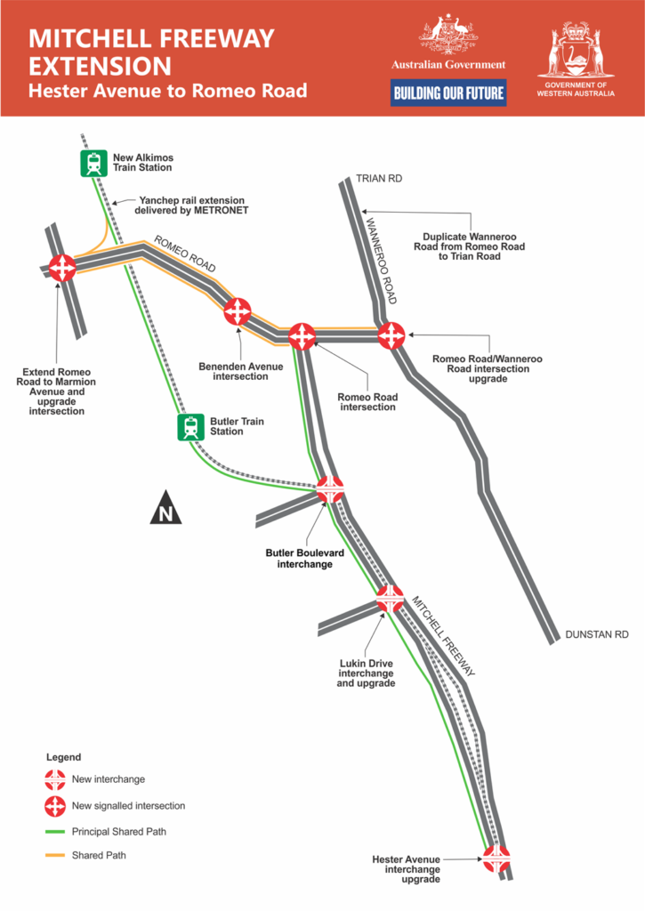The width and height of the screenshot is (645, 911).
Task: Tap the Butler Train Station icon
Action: coord(190,427)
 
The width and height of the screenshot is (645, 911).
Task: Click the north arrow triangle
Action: coord(165,508)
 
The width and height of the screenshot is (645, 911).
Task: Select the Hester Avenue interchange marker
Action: coord(496,859)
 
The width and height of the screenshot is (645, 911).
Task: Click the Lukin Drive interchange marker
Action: coord(390,599)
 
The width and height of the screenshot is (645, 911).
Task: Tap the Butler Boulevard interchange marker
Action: coord(330,488)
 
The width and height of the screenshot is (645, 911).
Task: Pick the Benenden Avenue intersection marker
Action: coord(238,311)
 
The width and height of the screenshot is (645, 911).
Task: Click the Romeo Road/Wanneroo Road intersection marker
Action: coord(391,335)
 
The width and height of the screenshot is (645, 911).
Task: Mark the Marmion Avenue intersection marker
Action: coord(62,267)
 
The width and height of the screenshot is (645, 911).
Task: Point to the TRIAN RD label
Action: coord(379,179)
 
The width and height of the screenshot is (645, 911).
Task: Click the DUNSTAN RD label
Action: coord(597,634)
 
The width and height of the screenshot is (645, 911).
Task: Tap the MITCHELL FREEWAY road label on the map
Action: coord(441,636)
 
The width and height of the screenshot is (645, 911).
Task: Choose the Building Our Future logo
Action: coord(448,93)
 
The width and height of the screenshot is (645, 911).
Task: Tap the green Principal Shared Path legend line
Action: coord(55,831)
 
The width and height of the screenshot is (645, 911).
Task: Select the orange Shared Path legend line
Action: coord(55,855)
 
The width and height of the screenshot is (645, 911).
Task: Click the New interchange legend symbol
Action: coord(55,779)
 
